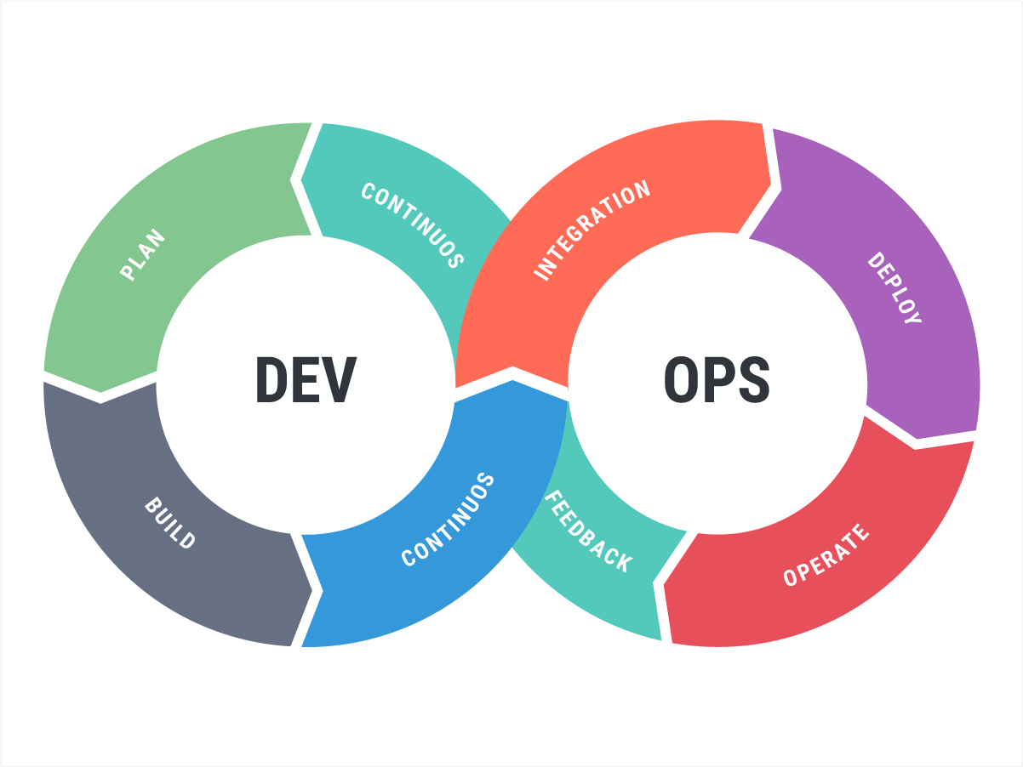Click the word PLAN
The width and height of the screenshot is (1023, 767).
(x=143, y=255)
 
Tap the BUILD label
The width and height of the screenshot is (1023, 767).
(x=170, y=524)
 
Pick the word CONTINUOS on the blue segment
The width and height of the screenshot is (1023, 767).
(x=449, y=520)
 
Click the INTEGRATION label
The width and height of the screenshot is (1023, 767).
(x=592, y=230)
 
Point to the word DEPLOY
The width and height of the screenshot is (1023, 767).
(x=894, y=288)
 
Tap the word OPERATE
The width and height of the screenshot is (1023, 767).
(x=826, y=554)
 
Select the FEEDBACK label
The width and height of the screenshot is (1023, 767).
(x=588, y=531)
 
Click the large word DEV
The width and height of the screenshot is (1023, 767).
(x=306, y=379)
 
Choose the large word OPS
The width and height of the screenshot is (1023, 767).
(x=717, y=379)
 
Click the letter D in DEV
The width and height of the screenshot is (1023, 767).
(x=272, y=379)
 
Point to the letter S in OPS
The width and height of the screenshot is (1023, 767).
(x=752, y=379)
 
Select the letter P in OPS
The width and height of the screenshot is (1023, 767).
(x=717, y=379)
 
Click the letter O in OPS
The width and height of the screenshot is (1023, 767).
(x=681, y=379)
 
